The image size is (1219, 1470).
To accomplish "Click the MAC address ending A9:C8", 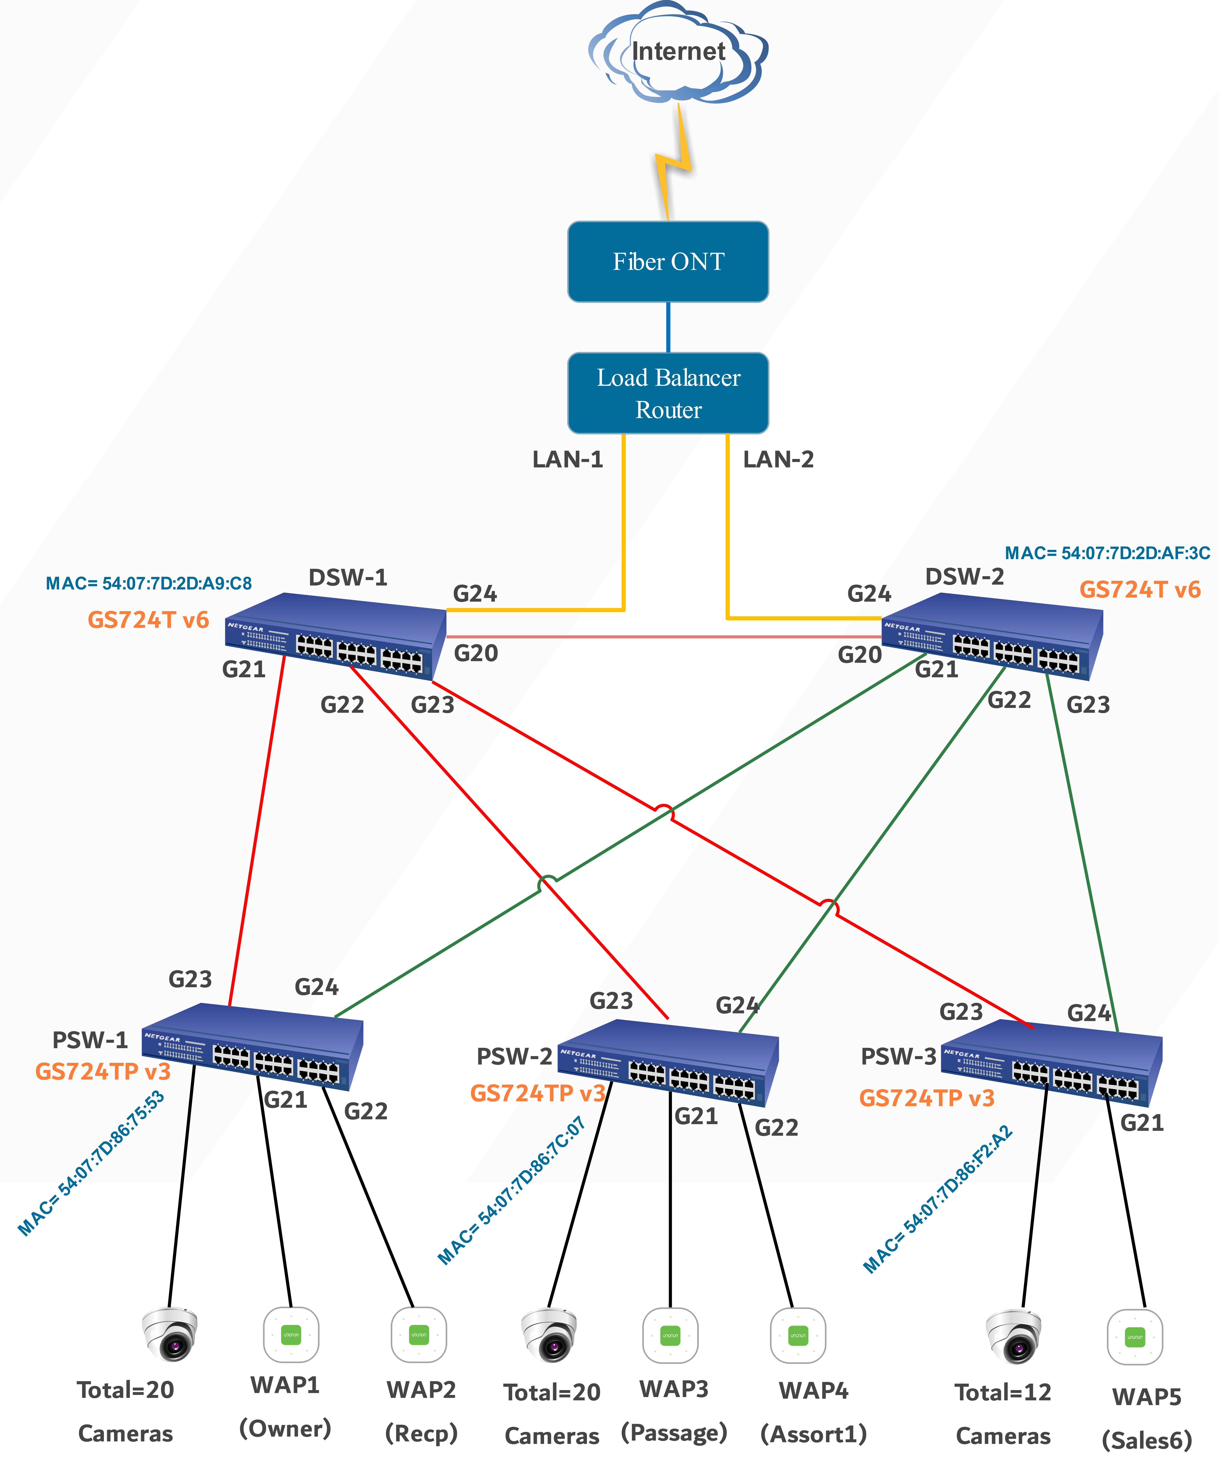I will [x=148, y=583].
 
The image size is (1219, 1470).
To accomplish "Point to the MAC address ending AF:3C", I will [x=1107, y=553].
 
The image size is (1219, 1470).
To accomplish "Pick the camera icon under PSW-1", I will [x=170, y=1334].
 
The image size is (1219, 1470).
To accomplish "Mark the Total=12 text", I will [x=1003, y=1392].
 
